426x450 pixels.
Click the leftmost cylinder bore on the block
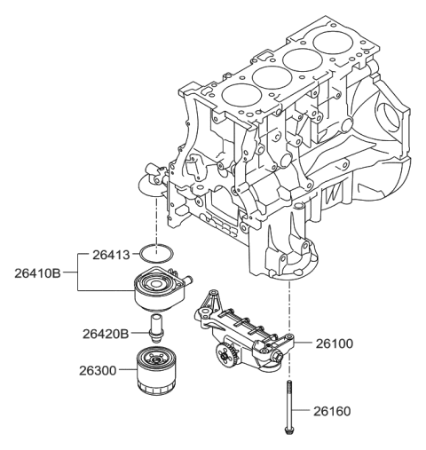point(237,94)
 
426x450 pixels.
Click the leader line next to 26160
point(304,411)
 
